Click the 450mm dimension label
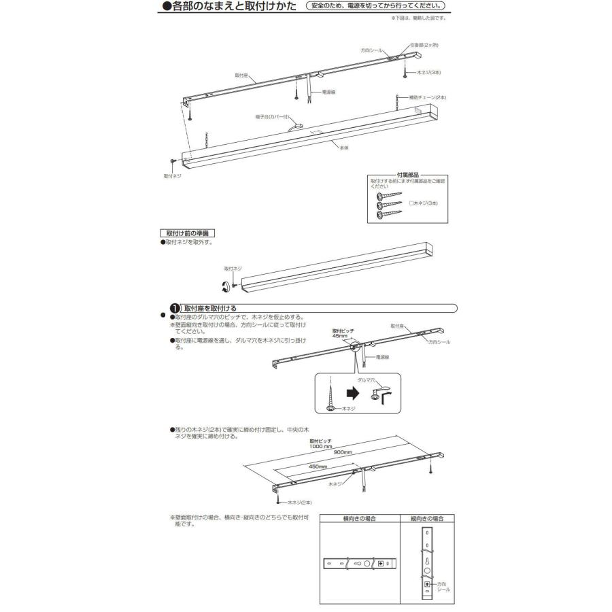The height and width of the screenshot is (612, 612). (318, 466)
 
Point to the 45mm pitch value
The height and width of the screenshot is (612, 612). (339, 335)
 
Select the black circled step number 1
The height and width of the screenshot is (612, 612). (174, 308)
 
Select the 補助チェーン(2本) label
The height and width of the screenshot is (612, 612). (428, 97)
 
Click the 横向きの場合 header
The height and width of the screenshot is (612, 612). (360, 518)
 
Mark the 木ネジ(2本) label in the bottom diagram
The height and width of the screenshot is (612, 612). (300, 502)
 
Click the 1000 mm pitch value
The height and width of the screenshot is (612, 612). (320, 447)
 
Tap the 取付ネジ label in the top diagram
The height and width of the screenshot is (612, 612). (173, 175)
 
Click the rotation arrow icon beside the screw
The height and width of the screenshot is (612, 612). (223, 286)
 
